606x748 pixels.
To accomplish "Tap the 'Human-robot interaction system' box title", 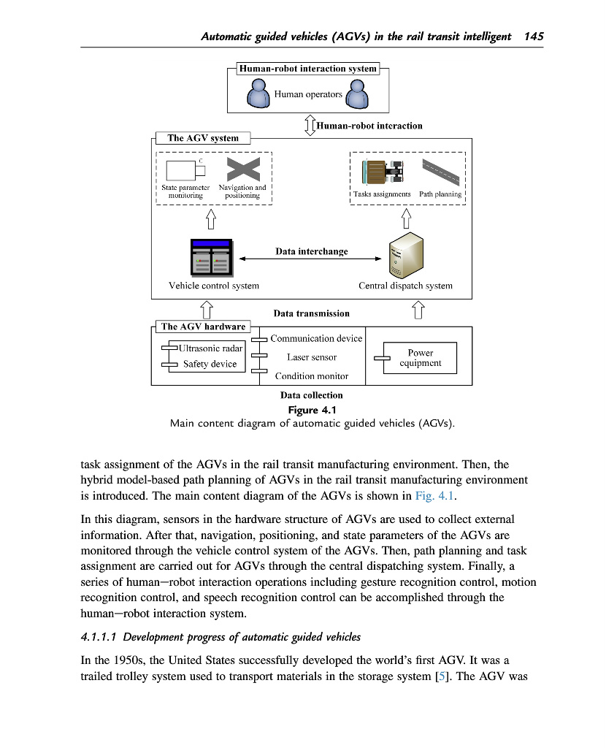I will [x=307, y=69].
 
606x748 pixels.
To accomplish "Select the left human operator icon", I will [x=259, y=93].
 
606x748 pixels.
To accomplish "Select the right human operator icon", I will [x=356, y=93].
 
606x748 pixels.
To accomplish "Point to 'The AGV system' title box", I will [x=203, y=137].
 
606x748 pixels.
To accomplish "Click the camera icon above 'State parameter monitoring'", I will [x=186, y=169].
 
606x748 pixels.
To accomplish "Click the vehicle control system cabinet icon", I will [x=210, y=258].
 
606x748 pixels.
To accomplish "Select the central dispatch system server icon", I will [x=405, y=253].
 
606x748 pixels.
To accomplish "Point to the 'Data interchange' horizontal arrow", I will [x=311, y=259].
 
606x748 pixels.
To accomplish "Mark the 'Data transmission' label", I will [x=311, y=313].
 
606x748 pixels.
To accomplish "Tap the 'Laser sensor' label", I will [x=312, y=357].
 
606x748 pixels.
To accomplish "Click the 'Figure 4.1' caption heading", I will [x=312, y=410].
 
